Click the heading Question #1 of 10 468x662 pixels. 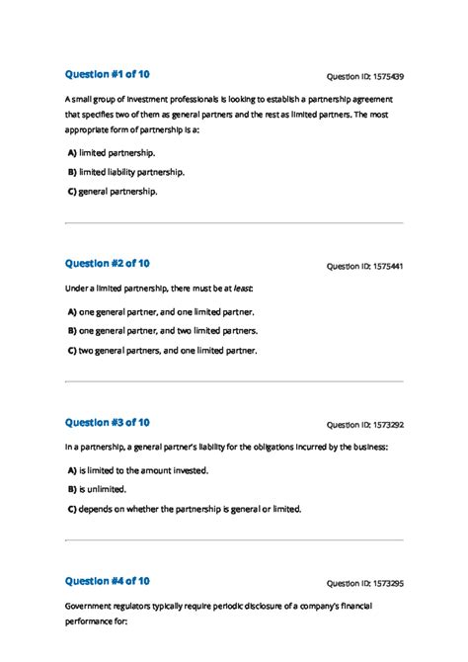coord(107,74)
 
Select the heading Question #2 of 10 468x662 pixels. coord(107,263)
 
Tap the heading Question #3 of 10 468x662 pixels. coord(107,422)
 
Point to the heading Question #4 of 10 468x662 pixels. coord(107,581)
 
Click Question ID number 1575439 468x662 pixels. coord(364,76)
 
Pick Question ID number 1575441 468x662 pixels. coord(364,266)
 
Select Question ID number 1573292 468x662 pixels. coord(364,425)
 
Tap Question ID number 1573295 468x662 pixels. coord(364,583)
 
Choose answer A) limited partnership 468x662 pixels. coord(112,153)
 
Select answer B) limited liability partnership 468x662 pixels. coord(125,172)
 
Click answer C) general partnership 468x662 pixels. coord(113,191)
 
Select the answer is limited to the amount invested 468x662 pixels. coord(138,470)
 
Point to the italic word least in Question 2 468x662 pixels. coord(240,289)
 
